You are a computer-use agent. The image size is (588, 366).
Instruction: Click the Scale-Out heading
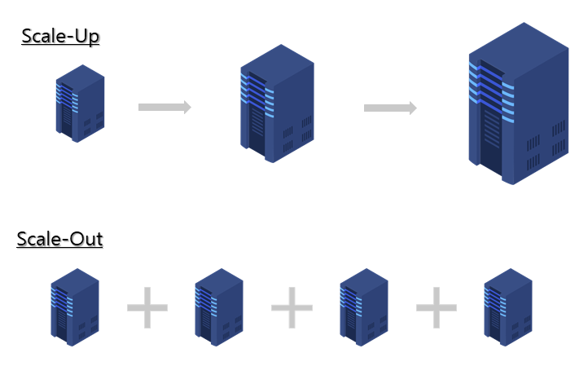pos(59,240)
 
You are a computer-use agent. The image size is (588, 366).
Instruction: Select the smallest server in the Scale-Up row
pos(80,104)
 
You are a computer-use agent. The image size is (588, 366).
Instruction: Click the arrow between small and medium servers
pos(165,107)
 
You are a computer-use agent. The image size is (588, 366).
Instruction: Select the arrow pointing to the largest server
pos(390,108)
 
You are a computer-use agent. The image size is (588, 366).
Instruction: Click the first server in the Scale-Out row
pos(75,306)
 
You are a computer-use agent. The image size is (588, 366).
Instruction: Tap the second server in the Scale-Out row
pos(218,306)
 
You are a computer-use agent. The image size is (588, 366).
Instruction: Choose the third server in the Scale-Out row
pos(363,306)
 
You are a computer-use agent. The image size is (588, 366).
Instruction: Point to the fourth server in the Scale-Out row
pos(507,306)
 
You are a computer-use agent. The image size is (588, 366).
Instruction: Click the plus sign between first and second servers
pos(147,308)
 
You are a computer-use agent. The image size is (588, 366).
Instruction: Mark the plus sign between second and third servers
pos(292,308)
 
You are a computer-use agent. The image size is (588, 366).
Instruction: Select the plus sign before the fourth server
pos(437,308)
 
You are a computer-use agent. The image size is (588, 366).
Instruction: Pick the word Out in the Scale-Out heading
pos(86,240)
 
